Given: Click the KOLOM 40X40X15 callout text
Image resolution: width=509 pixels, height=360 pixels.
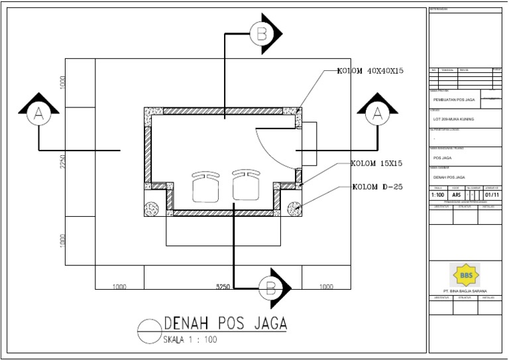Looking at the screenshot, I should (x=370, y=71).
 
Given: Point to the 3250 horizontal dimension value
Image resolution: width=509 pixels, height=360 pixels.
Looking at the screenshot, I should (x=223, y=287).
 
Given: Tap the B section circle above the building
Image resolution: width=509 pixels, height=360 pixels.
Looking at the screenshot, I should (x=262, y=32).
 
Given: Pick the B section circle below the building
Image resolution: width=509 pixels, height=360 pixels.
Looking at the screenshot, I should (x=270, y=288).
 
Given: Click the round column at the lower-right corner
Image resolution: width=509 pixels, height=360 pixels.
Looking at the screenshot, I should (x=294, y=208).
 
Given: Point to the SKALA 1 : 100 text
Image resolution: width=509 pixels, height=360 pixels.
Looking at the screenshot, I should (x=190, y=340).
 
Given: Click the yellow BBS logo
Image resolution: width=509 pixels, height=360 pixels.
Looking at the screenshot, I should (x=465, y=274).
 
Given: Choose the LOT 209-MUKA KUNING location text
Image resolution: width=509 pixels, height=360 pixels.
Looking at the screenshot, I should (x=453, y=119).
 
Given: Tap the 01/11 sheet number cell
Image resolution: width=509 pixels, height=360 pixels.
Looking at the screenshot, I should (x=492, y=195).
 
